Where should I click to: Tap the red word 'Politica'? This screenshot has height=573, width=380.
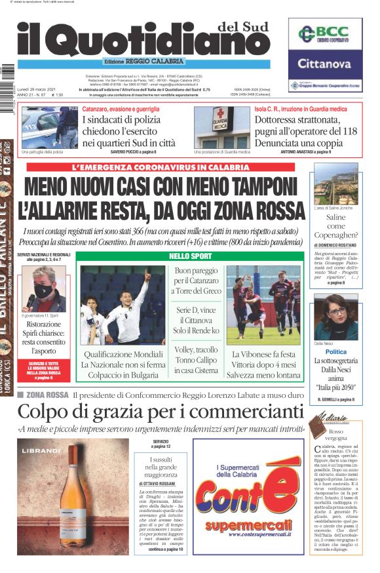(336, 351)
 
